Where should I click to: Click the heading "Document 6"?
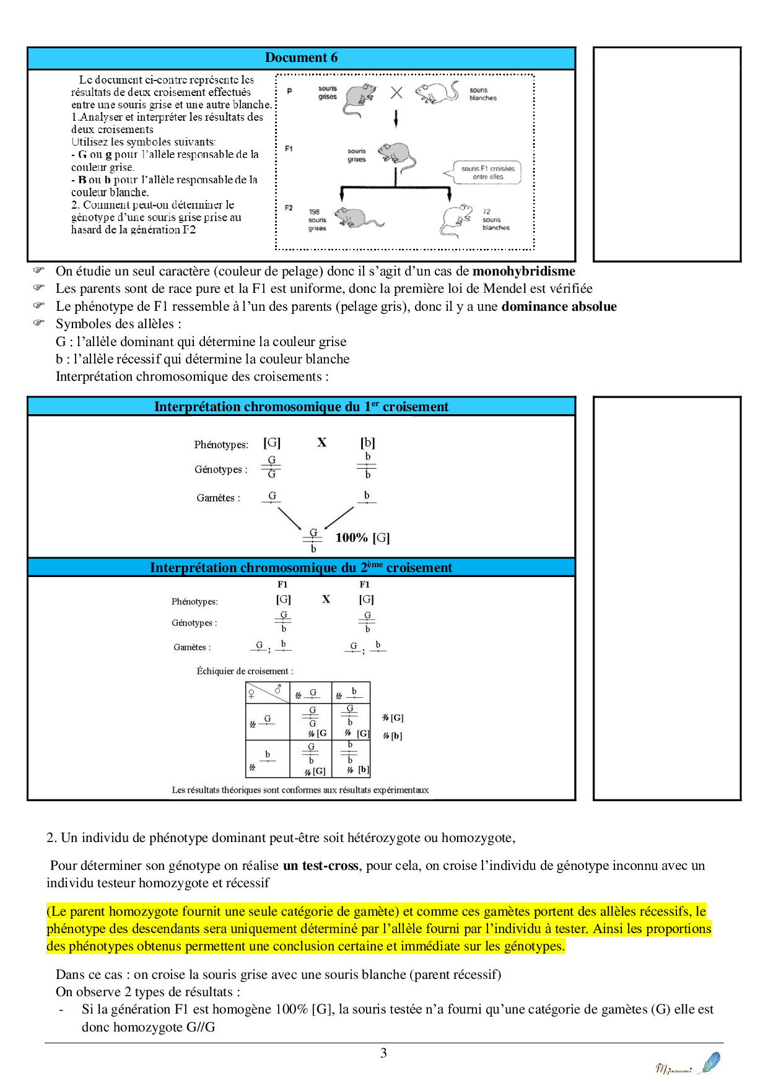tap(301, 58)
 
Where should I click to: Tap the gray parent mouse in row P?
tap(359, 100)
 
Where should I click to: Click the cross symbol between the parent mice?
tap(396, 93)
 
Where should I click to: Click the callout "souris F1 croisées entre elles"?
tap(487, 173)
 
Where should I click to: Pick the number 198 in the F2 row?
tap(314, 212)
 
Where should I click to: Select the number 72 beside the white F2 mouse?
tap(486, 212)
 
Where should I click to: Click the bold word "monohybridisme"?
tap(523, 271)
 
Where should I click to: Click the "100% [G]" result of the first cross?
tap(362, 537)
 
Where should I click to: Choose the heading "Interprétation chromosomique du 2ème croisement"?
tap(301, 568)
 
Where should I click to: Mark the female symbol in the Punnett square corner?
tap(252, 694)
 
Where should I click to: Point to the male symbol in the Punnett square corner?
tap(278, 689)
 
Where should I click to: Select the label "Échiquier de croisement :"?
tap(245, 671)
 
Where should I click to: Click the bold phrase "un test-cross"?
tap(321, 866)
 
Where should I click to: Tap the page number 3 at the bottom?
tap(383, 1053)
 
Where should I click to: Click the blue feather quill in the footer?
tap(710, 1062)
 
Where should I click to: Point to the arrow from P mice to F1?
tap(396, 118)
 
